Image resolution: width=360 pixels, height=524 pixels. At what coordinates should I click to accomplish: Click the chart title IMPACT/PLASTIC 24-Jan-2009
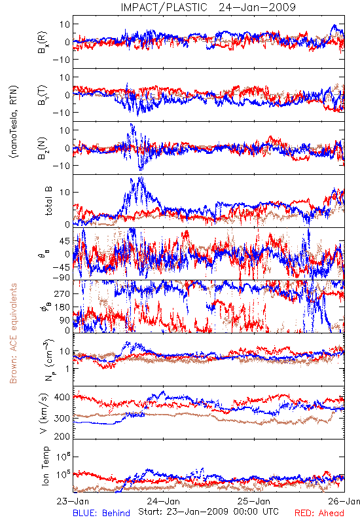[208, 7]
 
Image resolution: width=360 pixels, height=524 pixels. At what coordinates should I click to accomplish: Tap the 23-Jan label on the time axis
[73, 501]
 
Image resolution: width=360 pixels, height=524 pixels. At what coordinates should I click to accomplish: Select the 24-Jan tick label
[163, 501]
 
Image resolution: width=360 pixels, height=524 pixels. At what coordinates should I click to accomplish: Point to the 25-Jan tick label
[254, 501]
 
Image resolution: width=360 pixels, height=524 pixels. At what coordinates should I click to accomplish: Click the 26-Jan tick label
[344, 501]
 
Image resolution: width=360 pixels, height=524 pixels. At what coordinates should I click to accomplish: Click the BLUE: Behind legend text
[101, 513]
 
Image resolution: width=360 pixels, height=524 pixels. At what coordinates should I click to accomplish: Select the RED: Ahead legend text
[319, 513]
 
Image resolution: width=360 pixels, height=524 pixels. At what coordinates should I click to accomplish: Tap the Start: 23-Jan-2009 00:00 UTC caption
[208, 512]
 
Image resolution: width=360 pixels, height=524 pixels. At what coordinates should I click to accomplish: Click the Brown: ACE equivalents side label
[13, 333]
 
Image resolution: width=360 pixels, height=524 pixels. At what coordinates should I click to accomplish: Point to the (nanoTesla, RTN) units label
[14, 122]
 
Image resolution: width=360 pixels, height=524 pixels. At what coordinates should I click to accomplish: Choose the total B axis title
[48, 201]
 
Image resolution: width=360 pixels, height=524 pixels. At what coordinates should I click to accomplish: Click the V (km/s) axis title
[44, 413]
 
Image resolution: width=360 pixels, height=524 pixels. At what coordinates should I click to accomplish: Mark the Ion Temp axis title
[45, 466]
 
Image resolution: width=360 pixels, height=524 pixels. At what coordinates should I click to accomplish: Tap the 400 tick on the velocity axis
[62, 398]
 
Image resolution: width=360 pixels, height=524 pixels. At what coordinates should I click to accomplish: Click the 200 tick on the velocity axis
[62, 436]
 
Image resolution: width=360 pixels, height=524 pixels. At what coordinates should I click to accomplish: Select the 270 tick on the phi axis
[62, 293]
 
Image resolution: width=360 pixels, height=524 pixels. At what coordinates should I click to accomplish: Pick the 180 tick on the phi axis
[62, 307]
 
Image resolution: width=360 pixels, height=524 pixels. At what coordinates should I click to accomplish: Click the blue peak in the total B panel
[141, 178]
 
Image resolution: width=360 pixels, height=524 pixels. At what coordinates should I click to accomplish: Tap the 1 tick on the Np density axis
[67, 369]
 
